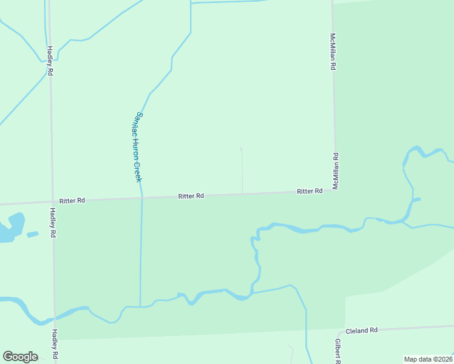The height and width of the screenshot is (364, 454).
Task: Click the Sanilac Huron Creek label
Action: [138, 147]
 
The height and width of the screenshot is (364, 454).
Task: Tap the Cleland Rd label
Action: [362, 330]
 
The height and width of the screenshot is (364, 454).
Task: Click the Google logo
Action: [20, 357]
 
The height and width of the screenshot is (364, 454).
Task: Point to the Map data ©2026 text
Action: [428, 359]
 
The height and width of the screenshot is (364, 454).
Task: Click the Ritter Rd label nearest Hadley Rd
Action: [72, 200]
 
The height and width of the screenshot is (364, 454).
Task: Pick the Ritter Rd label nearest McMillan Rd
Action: [310, 191]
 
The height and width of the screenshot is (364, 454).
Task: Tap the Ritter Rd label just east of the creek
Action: [191, 196]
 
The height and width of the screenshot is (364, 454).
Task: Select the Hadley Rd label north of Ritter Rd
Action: [50, 61]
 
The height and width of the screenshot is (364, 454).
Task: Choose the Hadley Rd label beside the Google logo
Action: [54, 344]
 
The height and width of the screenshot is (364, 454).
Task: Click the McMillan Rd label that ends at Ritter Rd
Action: [335, 170]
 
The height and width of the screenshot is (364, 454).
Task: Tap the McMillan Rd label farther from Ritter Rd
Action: [333, 52]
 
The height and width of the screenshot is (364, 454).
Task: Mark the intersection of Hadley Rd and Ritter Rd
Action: [52, 202]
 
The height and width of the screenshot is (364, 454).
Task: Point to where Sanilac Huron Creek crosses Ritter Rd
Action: [141, 197]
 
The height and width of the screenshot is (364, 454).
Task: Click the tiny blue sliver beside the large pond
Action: [33, 234]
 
